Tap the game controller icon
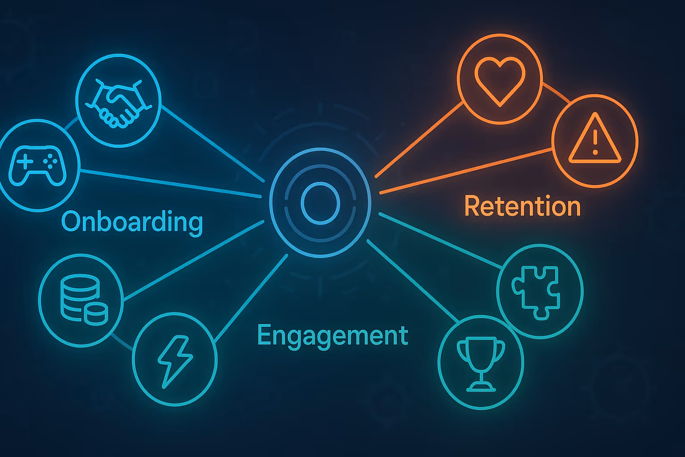[38, 165]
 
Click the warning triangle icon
[595, 139]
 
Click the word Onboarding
[132, 222]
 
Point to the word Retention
[522, 206]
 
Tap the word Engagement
[333, 336]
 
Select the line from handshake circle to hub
[212, 143]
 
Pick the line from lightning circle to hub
[251, 299]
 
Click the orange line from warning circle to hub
[466, 171]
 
